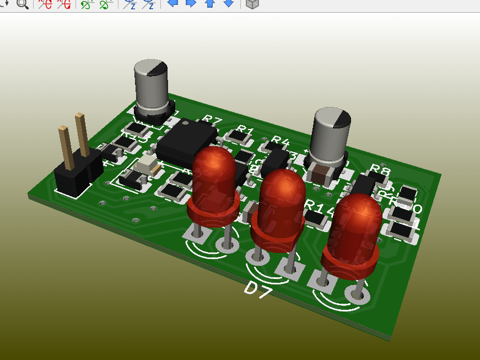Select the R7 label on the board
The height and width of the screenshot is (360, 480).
click(x=212, y=120)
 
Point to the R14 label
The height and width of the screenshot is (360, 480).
click(x=319, y=207)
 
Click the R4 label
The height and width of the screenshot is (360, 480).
click(x=280, y=141)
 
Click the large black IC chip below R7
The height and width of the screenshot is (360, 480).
click(x=186, y=141)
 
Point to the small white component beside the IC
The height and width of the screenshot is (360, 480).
click(x=148, y=163)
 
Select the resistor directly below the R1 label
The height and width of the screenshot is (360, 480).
click(x=238, y=135)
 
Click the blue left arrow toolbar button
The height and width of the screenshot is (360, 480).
click(x=172, y=3)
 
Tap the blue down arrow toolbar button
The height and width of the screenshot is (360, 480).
click(x=228, y=3)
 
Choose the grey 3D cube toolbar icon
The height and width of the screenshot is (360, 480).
click(x=252, y=3)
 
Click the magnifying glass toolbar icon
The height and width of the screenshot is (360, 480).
click(x=23, y=3)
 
